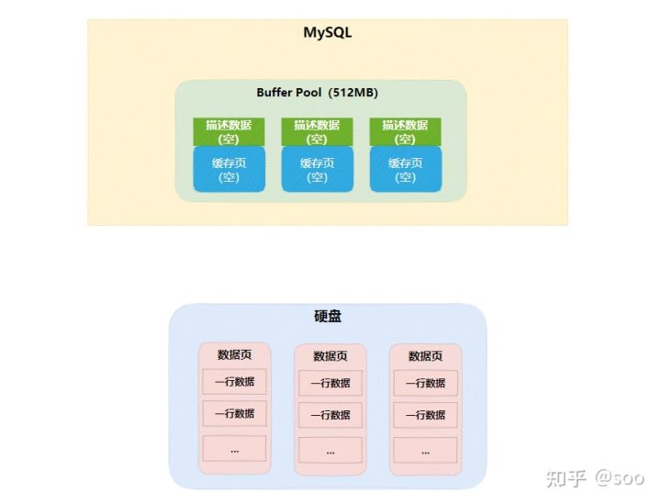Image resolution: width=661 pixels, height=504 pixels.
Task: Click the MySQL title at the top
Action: [x=328, y=33]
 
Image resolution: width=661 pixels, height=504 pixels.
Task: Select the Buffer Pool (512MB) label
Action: [x=317, y=94]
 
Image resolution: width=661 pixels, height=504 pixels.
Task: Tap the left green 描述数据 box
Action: [x=229, y=132]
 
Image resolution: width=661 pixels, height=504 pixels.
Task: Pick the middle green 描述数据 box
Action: [x=317, y=132]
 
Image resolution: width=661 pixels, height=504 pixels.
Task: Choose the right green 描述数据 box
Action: [x=405, y=132]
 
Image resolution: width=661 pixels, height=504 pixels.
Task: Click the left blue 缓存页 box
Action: [x=229, y=170]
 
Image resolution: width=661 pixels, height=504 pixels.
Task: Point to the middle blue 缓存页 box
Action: [x=317, y=170]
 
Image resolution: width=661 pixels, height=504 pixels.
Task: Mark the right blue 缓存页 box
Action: [x=405, y=170]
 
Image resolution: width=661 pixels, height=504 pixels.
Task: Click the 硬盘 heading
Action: [x=328, y=317]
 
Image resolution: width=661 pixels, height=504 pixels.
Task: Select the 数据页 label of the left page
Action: [x=234, y=355]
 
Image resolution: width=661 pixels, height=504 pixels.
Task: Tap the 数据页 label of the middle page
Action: [x=330, y=356]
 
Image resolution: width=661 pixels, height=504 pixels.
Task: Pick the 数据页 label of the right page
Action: [x=425, y=356]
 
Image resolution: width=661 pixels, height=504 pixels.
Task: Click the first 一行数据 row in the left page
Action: [x=234, y=383]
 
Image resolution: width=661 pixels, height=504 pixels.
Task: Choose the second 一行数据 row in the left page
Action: [x=234, y=414]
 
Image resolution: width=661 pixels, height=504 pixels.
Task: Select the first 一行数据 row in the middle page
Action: [x=330, y=384]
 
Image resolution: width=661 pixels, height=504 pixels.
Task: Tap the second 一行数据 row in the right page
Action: [x=425, y=415]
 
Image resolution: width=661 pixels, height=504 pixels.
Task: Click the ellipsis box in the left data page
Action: [x=234, y=449]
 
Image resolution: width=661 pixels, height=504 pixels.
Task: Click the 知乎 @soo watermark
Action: [x=595, y=478]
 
